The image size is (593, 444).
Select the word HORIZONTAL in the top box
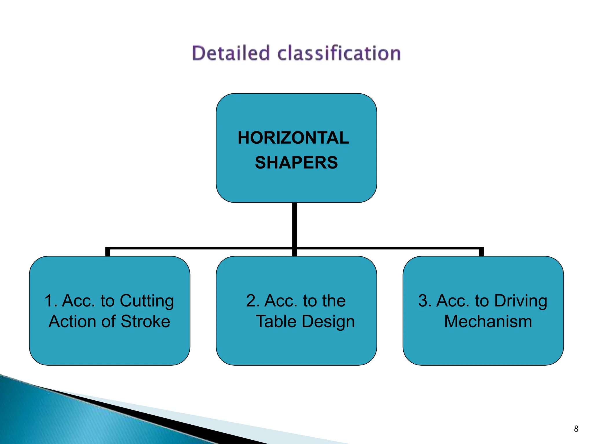(x=293, y=138)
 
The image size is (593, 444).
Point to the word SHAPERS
(x=296, y=162)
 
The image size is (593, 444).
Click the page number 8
(x=576, y=429)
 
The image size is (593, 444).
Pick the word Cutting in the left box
(x=147, y=301)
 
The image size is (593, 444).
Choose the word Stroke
(x=145, y=321)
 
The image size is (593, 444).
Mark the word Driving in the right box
(x=521, y=301)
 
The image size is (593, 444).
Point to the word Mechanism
(x=488, y=321)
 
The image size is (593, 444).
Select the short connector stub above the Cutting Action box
(x=108, y=252)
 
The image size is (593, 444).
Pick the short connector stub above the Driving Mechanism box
(x=481, y=252)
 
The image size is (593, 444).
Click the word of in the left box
(x=108, y=321)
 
